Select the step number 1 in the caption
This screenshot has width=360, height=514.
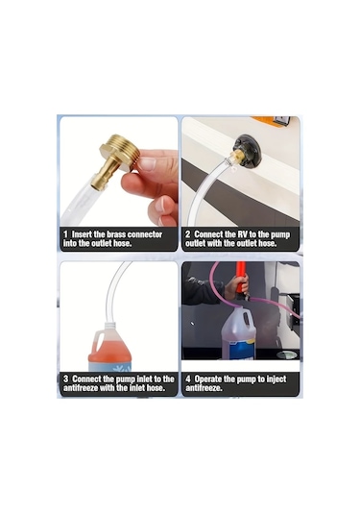tap(65, 233)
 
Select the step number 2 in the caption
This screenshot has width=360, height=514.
tap(188, 233)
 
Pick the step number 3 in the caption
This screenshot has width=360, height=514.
tap(65, 378)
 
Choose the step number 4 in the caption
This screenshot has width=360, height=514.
tap(188, 378)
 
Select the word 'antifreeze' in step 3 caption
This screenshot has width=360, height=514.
tap(88, 388)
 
